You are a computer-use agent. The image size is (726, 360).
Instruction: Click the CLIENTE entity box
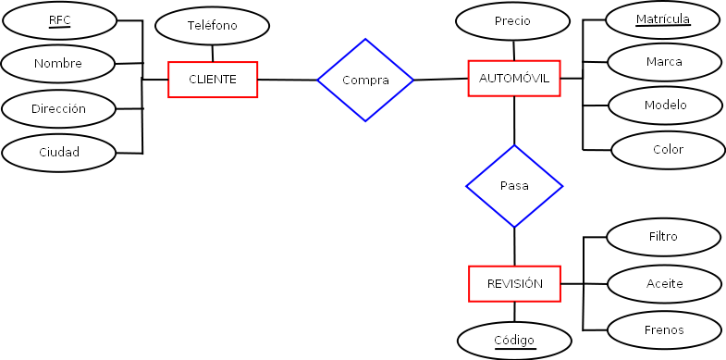tap(213, 80)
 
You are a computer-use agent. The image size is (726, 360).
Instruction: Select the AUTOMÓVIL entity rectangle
tap(514, 79)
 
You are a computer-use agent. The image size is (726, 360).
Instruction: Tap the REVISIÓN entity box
tap(514, 283)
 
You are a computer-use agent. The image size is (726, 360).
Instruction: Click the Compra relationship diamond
tap(365, 81)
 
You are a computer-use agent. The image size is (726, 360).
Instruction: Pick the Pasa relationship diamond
tap(514, 186)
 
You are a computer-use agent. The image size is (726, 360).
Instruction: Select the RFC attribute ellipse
tap(59, 19)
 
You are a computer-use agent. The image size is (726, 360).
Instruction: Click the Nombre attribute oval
tap(58, 64)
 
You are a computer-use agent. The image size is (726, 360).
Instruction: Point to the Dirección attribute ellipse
tap(58, 108)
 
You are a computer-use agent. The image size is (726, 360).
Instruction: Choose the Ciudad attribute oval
tap(58, 152)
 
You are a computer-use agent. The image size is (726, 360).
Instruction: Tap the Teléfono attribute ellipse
tap(212, 26)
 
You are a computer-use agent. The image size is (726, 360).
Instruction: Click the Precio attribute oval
tap(512, 21)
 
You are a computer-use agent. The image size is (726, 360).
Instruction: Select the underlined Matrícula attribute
tap(662, 19)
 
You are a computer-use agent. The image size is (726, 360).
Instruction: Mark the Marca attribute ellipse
tap(664, 62)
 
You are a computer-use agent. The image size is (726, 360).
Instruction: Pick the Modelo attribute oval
tap(665, 106)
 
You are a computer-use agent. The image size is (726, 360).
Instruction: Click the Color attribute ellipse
tap(667, 150)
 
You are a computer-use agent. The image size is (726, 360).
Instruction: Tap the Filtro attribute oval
tap(663, 237)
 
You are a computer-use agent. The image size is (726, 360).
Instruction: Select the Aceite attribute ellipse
tap(664, 283)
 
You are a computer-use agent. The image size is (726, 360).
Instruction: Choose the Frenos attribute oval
tap(663, 329)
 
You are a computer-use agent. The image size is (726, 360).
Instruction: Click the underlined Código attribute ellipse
tap(513, 341)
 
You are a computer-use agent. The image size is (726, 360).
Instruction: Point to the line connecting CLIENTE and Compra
tap(287, 81)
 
